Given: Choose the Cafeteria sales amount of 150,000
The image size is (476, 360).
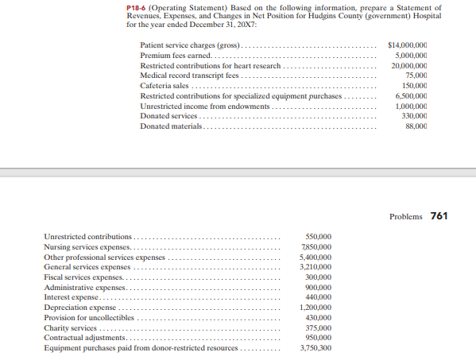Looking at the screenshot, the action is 414,86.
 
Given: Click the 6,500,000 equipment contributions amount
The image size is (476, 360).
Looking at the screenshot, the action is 410,96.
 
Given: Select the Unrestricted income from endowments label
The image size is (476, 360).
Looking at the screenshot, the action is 206,106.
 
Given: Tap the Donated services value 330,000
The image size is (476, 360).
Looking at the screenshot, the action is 414,117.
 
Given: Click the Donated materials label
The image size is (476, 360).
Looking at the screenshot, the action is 171,127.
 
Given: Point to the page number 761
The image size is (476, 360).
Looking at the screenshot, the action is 439,216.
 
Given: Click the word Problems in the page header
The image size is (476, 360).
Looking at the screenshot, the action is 406,217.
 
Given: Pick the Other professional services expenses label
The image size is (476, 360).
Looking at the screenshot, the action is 104,257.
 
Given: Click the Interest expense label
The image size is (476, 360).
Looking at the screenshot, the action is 74,297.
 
